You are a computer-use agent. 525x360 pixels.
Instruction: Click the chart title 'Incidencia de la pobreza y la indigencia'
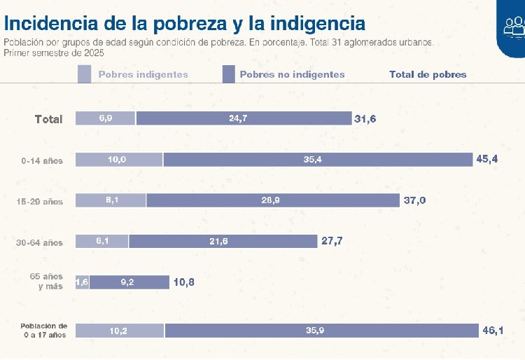click(x=185, y=23)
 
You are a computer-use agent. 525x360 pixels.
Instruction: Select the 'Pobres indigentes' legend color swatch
click(x=84, y=74)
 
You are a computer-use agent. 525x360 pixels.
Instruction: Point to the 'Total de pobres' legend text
click(x=428, y=74)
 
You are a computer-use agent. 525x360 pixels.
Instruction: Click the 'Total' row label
click(x=49, y=119)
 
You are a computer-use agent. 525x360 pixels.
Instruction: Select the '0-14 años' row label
click(x=42, y=160)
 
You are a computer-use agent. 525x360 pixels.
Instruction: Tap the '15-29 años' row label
click(x=40, y=202)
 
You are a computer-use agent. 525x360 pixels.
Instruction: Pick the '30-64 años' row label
click(x=40, y=243)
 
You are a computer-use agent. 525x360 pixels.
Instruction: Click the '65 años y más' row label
click(x=46, y=282)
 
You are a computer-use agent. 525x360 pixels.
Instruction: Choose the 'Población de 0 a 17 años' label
click(x=43, y=331)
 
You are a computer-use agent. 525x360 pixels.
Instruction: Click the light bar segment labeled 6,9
click(x=106, y=119)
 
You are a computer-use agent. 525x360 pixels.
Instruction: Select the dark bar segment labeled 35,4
click(x=318, y=160)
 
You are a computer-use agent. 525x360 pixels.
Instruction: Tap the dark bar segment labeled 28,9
click(x=273, y=201)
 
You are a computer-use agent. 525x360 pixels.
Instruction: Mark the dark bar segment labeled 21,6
click(x=223, y=242)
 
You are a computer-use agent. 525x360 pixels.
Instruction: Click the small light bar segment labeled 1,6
click(x=82, y=282)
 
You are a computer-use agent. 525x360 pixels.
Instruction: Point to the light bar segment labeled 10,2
click(x=120, y=331)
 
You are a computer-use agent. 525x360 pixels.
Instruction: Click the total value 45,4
click(x=487, y=160)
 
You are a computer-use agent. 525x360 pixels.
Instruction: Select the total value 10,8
click(x=184, y=282)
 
